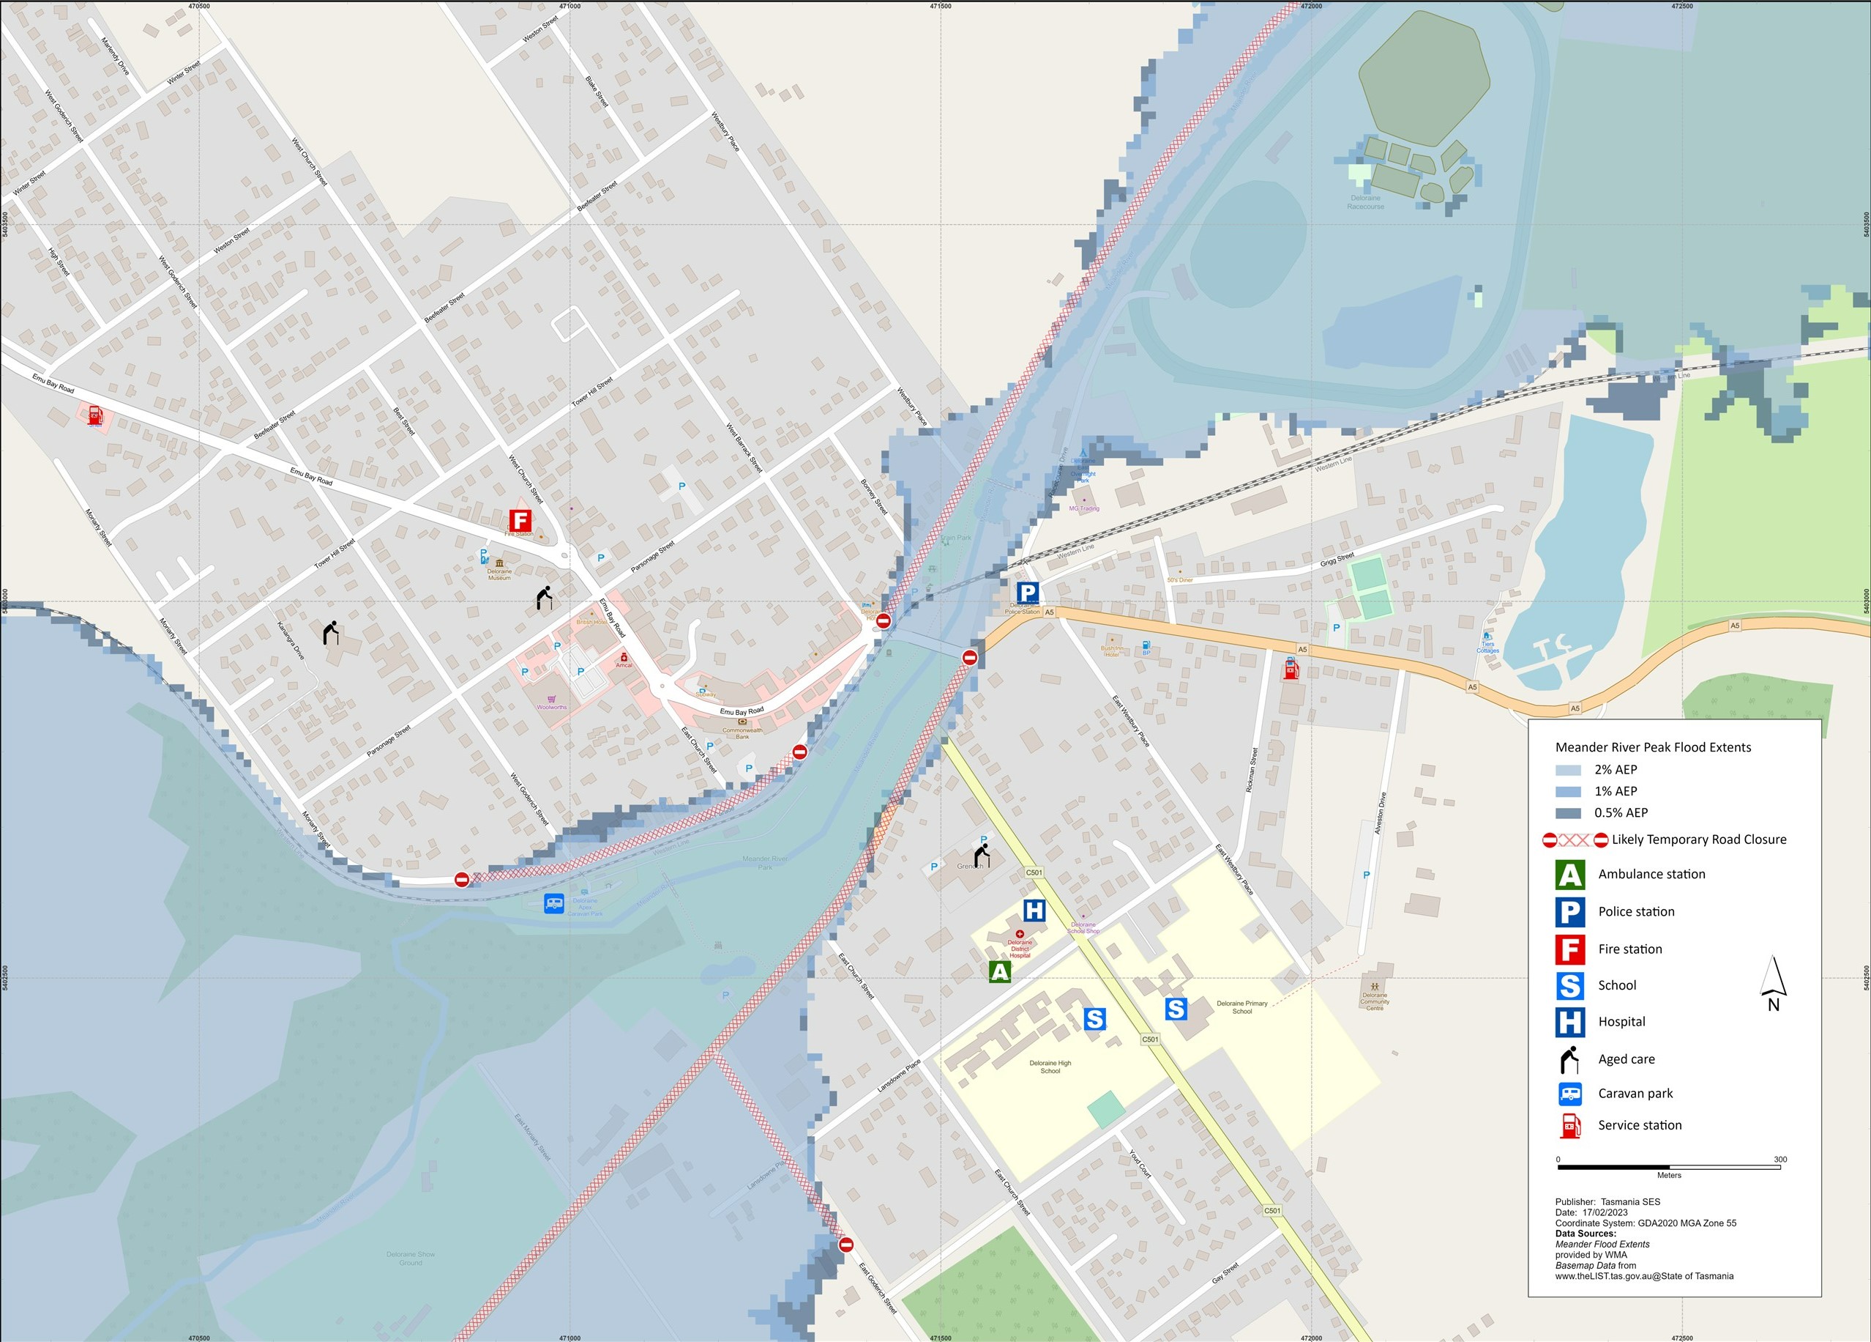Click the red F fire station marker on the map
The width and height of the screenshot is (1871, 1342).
point(520,521)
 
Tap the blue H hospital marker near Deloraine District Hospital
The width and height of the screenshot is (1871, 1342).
point(1034,911)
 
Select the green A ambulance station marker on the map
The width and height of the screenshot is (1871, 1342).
point(1000,971)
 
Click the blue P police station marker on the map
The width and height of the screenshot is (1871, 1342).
point(1027,592)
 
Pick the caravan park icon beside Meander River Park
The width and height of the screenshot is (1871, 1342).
point(554,904)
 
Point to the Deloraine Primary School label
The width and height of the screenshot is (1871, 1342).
point(1241,1007)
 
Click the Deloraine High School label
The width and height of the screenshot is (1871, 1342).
point(1050,1067)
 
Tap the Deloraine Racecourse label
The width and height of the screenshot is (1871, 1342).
point(1365,202)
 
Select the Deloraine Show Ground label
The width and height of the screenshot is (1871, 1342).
point(410,1258)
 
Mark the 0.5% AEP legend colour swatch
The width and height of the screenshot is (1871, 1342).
point(1567,813)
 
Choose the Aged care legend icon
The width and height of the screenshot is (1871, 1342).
point(1569,1059)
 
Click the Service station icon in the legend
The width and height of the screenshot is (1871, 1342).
point(1570,1126)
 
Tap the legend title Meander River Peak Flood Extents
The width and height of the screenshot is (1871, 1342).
point(1652,748)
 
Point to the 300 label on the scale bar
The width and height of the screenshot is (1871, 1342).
point(1780,1160)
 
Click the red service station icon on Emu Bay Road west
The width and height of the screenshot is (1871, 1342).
point(96,415)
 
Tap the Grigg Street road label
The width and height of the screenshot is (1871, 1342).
point(1337,560)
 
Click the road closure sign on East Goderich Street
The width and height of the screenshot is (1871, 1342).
point(845,1245)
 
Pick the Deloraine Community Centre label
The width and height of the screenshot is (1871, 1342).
point(1375,1001)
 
